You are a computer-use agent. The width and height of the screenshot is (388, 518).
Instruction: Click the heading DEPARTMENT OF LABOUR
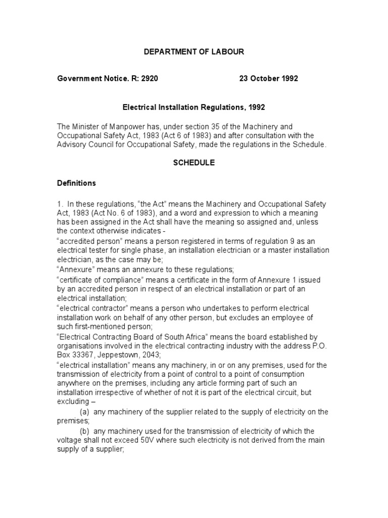(194, 52)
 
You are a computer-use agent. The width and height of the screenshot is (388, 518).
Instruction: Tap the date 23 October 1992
(268, 79)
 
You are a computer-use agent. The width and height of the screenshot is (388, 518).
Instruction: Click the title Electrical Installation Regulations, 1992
(194, 107)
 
